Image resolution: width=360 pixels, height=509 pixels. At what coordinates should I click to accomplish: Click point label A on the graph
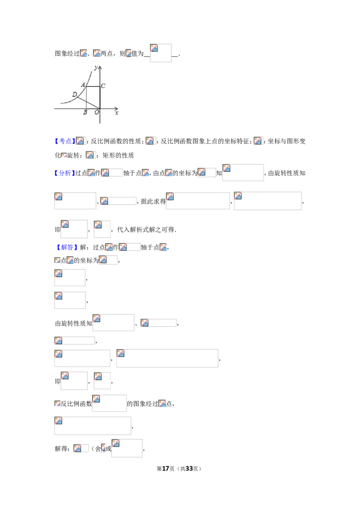(83, 85)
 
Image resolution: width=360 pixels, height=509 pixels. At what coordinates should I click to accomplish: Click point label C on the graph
(103, 86)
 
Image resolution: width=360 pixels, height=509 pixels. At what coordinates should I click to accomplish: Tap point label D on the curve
(74, 94)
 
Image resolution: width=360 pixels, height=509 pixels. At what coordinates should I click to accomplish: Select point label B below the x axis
(85, 112)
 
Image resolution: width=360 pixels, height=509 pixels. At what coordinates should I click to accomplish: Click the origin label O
(97, 112)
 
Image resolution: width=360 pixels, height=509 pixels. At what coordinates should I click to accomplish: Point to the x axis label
(117, 113)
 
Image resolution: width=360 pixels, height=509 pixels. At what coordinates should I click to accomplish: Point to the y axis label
(96, 67)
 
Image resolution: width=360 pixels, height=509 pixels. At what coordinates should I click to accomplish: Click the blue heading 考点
(65, 141)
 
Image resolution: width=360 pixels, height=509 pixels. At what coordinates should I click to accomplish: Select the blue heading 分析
(65, 173)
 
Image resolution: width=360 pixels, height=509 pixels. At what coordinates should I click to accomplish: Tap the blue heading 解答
(67, 247)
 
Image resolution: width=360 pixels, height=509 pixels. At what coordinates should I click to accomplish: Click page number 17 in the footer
(166, 469)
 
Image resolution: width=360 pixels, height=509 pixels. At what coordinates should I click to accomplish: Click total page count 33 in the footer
(189, 469)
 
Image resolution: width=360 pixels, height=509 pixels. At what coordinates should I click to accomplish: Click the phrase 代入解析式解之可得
(145, 230)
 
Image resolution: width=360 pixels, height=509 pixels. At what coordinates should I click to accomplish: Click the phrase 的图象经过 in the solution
(142, 404)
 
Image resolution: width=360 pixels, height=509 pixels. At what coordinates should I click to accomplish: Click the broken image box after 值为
(161, 53)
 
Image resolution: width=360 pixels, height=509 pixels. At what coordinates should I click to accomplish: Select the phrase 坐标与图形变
(287, 141)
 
